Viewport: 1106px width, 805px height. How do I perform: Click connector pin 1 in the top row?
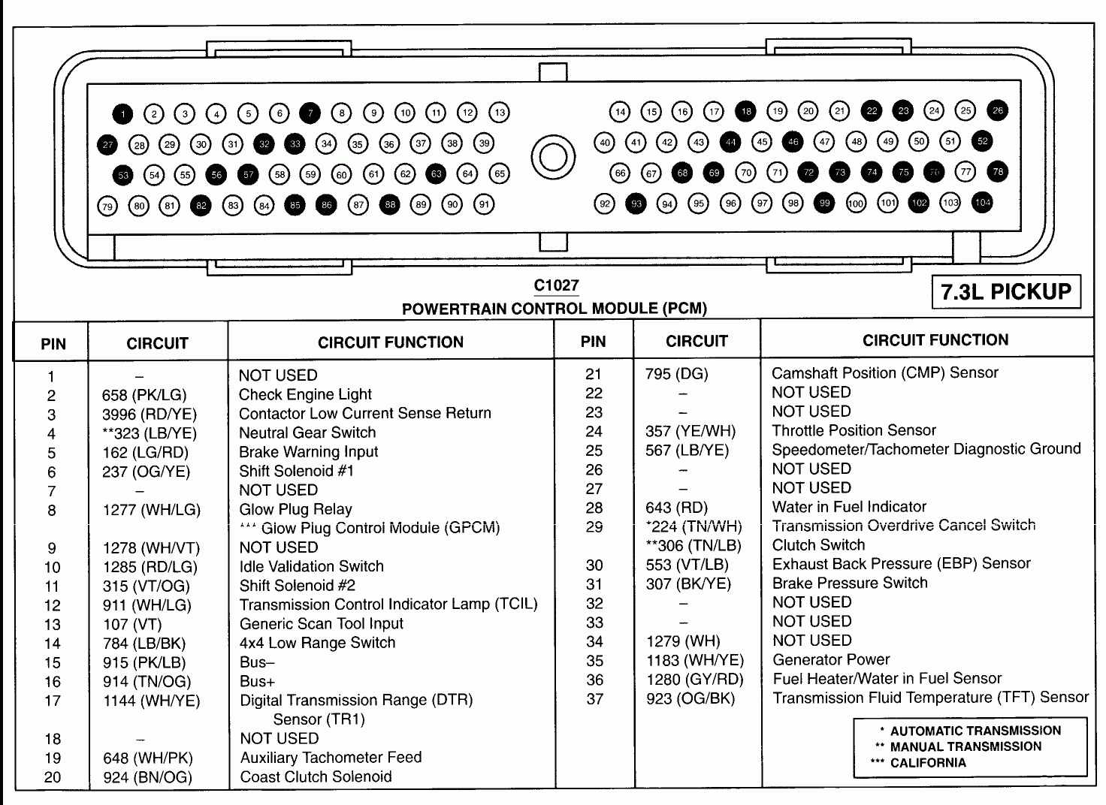coord(122,114)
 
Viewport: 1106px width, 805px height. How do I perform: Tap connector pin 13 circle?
coord(500,113)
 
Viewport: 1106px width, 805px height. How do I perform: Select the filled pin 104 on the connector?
coord(982,202)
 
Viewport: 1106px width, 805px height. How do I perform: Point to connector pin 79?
coord(107,206)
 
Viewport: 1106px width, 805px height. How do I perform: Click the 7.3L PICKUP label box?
coord(1006,291)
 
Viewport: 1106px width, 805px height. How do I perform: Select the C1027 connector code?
coord(556,285)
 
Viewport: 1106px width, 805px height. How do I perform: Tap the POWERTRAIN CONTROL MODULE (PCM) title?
coord(555,308)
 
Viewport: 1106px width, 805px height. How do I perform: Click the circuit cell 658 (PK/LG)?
coord(144,395)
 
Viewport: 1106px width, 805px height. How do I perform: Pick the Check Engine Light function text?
coord(305,394)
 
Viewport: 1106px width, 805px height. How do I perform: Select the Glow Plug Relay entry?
coord(295,509)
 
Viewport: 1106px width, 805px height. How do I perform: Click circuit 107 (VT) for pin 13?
coord(132,624)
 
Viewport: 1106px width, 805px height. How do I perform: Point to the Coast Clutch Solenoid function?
coord(316,776)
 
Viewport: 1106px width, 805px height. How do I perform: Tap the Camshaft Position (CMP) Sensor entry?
coord(884,372)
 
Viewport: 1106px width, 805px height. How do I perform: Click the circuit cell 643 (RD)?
coord(676,507)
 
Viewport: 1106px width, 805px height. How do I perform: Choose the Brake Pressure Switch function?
coord(849,583)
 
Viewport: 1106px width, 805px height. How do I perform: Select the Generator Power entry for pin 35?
coord(830,659)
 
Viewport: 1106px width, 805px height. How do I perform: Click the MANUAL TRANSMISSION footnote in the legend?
coord(965,746)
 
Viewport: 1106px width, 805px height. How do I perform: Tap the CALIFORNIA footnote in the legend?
coord(928,763)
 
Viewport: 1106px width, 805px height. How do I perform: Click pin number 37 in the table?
coord(594,698)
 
